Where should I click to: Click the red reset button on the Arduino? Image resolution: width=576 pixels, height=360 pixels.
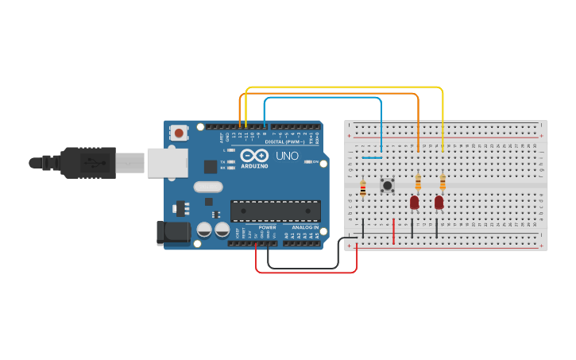(180, 133)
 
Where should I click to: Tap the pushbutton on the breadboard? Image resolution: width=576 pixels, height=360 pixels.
(387, 186)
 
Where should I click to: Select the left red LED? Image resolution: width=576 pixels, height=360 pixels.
(414, 203)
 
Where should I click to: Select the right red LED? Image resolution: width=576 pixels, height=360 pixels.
(439, 203)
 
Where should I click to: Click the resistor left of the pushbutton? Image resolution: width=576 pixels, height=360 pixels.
(363, 188)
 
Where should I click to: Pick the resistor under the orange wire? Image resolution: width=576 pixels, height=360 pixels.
(418, 183)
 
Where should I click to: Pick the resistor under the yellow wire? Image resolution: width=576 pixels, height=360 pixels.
(443, 183)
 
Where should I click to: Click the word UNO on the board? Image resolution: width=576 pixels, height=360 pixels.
(287, 156)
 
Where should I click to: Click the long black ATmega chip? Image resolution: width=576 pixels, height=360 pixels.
(276, 211)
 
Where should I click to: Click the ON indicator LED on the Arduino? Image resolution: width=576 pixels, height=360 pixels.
(307, 162)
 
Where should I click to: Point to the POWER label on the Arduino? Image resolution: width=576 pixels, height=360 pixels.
(267, 227)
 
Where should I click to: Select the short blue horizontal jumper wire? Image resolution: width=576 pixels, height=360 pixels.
(372, 157)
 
